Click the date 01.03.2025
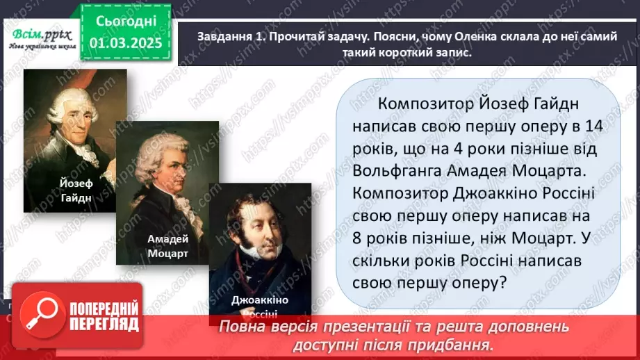pos(126,43)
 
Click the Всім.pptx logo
pos(40,33)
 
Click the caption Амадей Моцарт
pos(167,246)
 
